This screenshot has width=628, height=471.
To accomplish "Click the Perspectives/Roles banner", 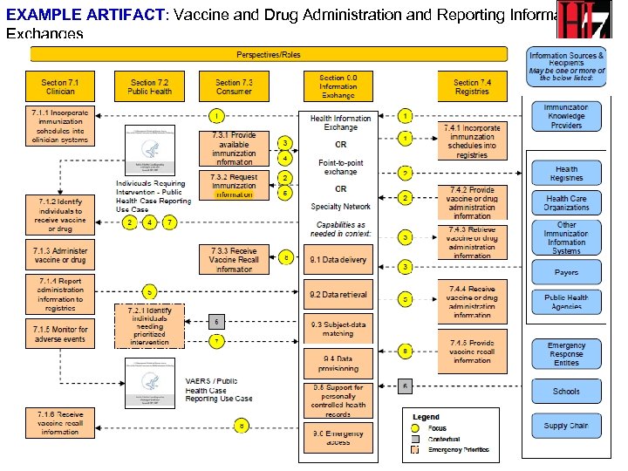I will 269,54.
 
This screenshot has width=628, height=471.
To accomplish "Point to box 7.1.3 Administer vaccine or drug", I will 59,255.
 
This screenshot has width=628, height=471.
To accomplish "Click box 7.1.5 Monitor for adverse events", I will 59,334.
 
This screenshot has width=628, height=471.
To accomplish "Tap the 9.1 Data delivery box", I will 339,259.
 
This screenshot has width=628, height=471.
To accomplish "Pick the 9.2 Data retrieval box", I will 339,295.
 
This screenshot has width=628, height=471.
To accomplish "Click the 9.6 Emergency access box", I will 339,436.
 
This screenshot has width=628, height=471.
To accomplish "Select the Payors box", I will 566,273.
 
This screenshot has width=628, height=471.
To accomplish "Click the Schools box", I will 566,392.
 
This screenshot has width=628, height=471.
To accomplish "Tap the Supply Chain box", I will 566,426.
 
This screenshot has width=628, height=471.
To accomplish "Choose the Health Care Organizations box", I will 566,202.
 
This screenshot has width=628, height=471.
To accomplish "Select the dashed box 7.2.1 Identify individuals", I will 149,325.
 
